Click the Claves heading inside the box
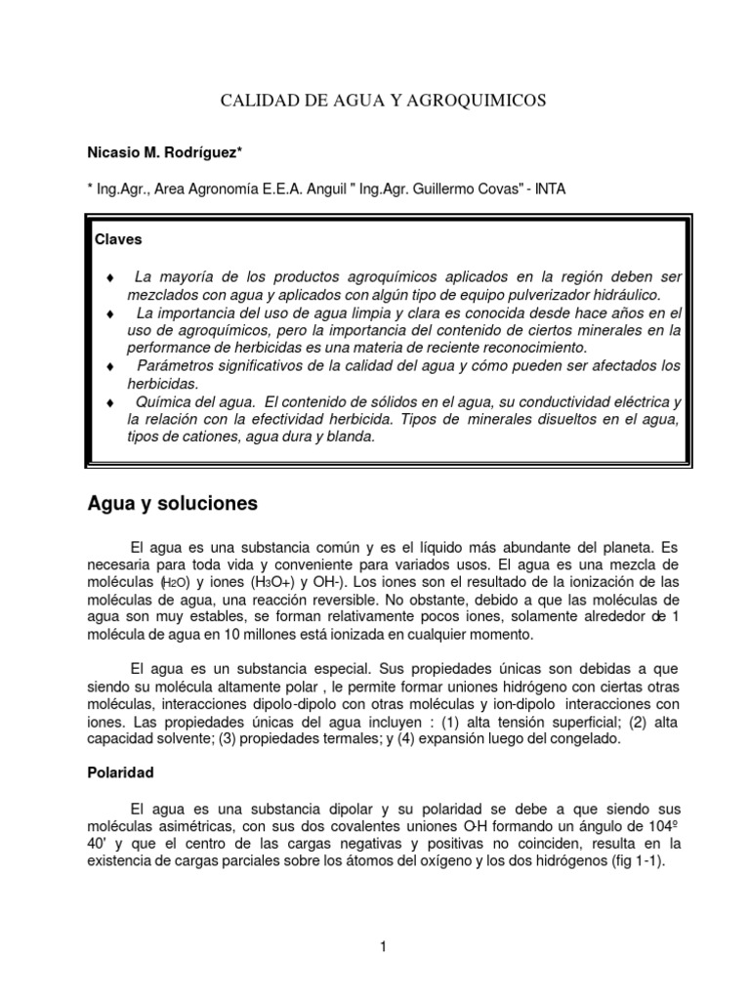118,239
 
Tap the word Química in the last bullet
166,401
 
